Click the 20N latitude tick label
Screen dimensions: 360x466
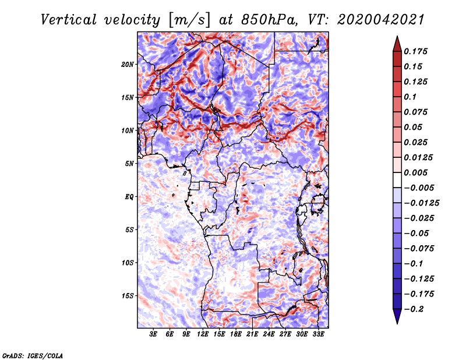coord(128,64)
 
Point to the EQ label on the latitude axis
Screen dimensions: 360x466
coord(129,197)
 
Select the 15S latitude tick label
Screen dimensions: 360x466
coord(128,296)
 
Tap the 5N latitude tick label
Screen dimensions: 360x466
coord(130,164)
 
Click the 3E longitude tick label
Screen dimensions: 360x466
coord(154,334)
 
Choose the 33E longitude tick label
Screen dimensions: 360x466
coord(319,334)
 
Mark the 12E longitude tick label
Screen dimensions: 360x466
coord(203,334)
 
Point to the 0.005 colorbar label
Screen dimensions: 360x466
coord(417,173)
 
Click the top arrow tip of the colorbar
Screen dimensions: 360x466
coord(397,37)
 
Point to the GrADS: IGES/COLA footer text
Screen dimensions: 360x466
coord(32,355)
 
